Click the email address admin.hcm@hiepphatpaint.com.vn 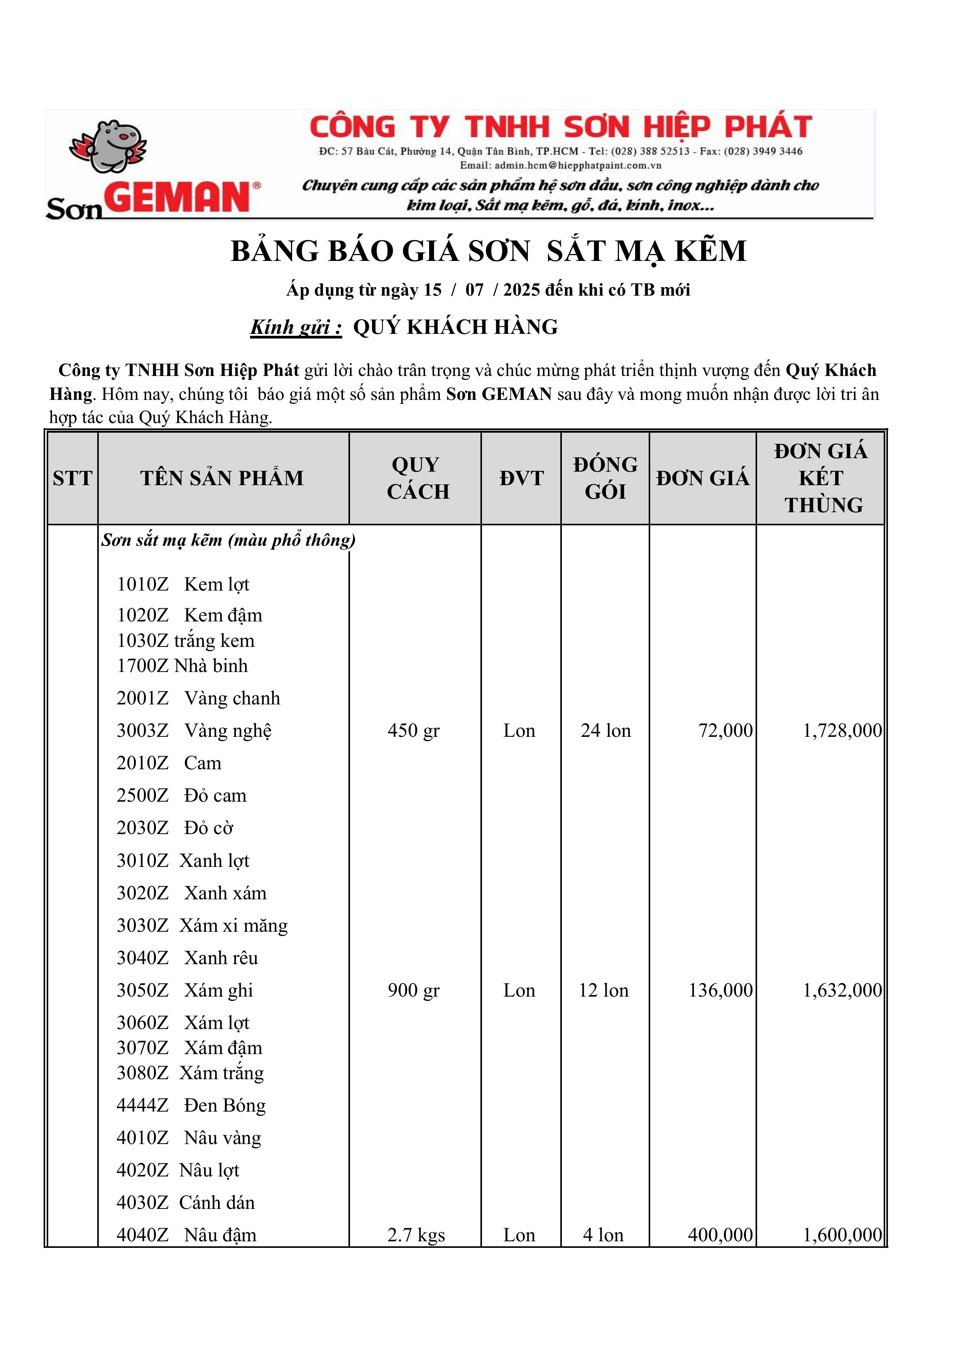pos(560,166)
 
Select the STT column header pos(73,478)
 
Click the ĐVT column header pos(521,478)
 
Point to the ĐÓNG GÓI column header pos(605,478)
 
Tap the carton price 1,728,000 pos(842,731)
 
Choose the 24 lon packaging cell pos(605,731)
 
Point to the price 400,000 pos(720,1235)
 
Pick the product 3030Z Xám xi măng pos(202,925)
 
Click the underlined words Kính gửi pos(296,327)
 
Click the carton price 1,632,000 pos(842,990)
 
